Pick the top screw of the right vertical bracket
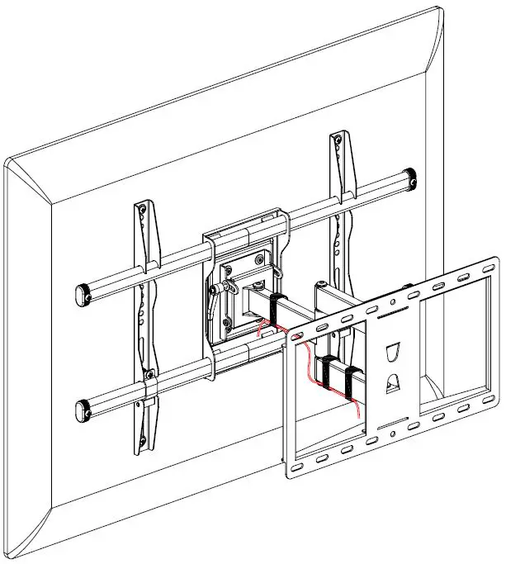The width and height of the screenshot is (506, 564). (x=337, y=141)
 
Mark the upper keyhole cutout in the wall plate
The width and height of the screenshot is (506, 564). (x=395, y=353)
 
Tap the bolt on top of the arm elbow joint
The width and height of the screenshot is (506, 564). (x=408, y=289)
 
